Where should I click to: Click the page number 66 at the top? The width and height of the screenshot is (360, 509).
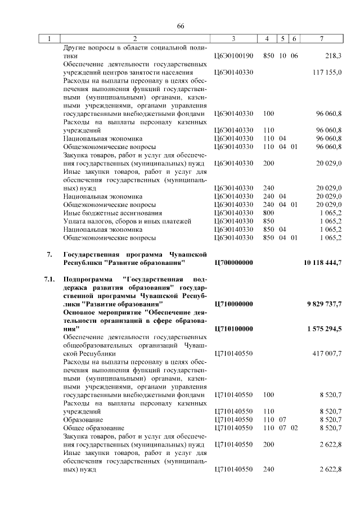click(x=181, y=26)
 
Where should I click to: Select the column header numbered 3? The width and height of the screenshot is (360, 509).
click(x=233, y=39)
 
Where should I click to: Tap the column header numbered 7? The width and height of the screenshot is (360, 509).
click(x=321, y=39)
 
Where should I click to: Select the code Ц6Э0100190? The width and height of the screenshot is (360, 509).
click(x=234, y=56)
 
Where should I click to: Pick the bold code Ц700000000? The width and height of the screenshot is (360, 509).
click(x=235, y=263)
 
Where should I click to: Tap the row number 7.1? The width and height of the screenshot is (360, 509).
click(x=49, y=280)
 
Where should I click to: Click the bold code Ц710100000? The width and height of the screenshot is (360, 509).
click(x=235, y=328)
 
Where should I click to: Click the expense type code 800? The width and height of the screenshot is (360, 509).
click(x=268, y=213)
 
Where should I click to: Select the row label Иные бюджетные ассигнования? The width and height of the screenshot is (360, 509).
click(x=105, y=213)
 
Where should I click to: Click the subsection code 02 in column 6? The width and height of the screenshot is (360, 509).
click(x=294, y=428)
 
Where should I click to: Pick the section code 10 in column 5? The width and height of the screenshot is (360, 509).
click(x=283, y=56)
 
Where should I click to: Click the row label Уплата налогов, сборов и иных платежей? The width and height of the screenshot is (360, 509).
click(x=127, y=222)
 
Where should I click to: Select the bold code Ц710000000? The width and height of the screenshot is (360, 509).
click(x=235, y=304)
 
